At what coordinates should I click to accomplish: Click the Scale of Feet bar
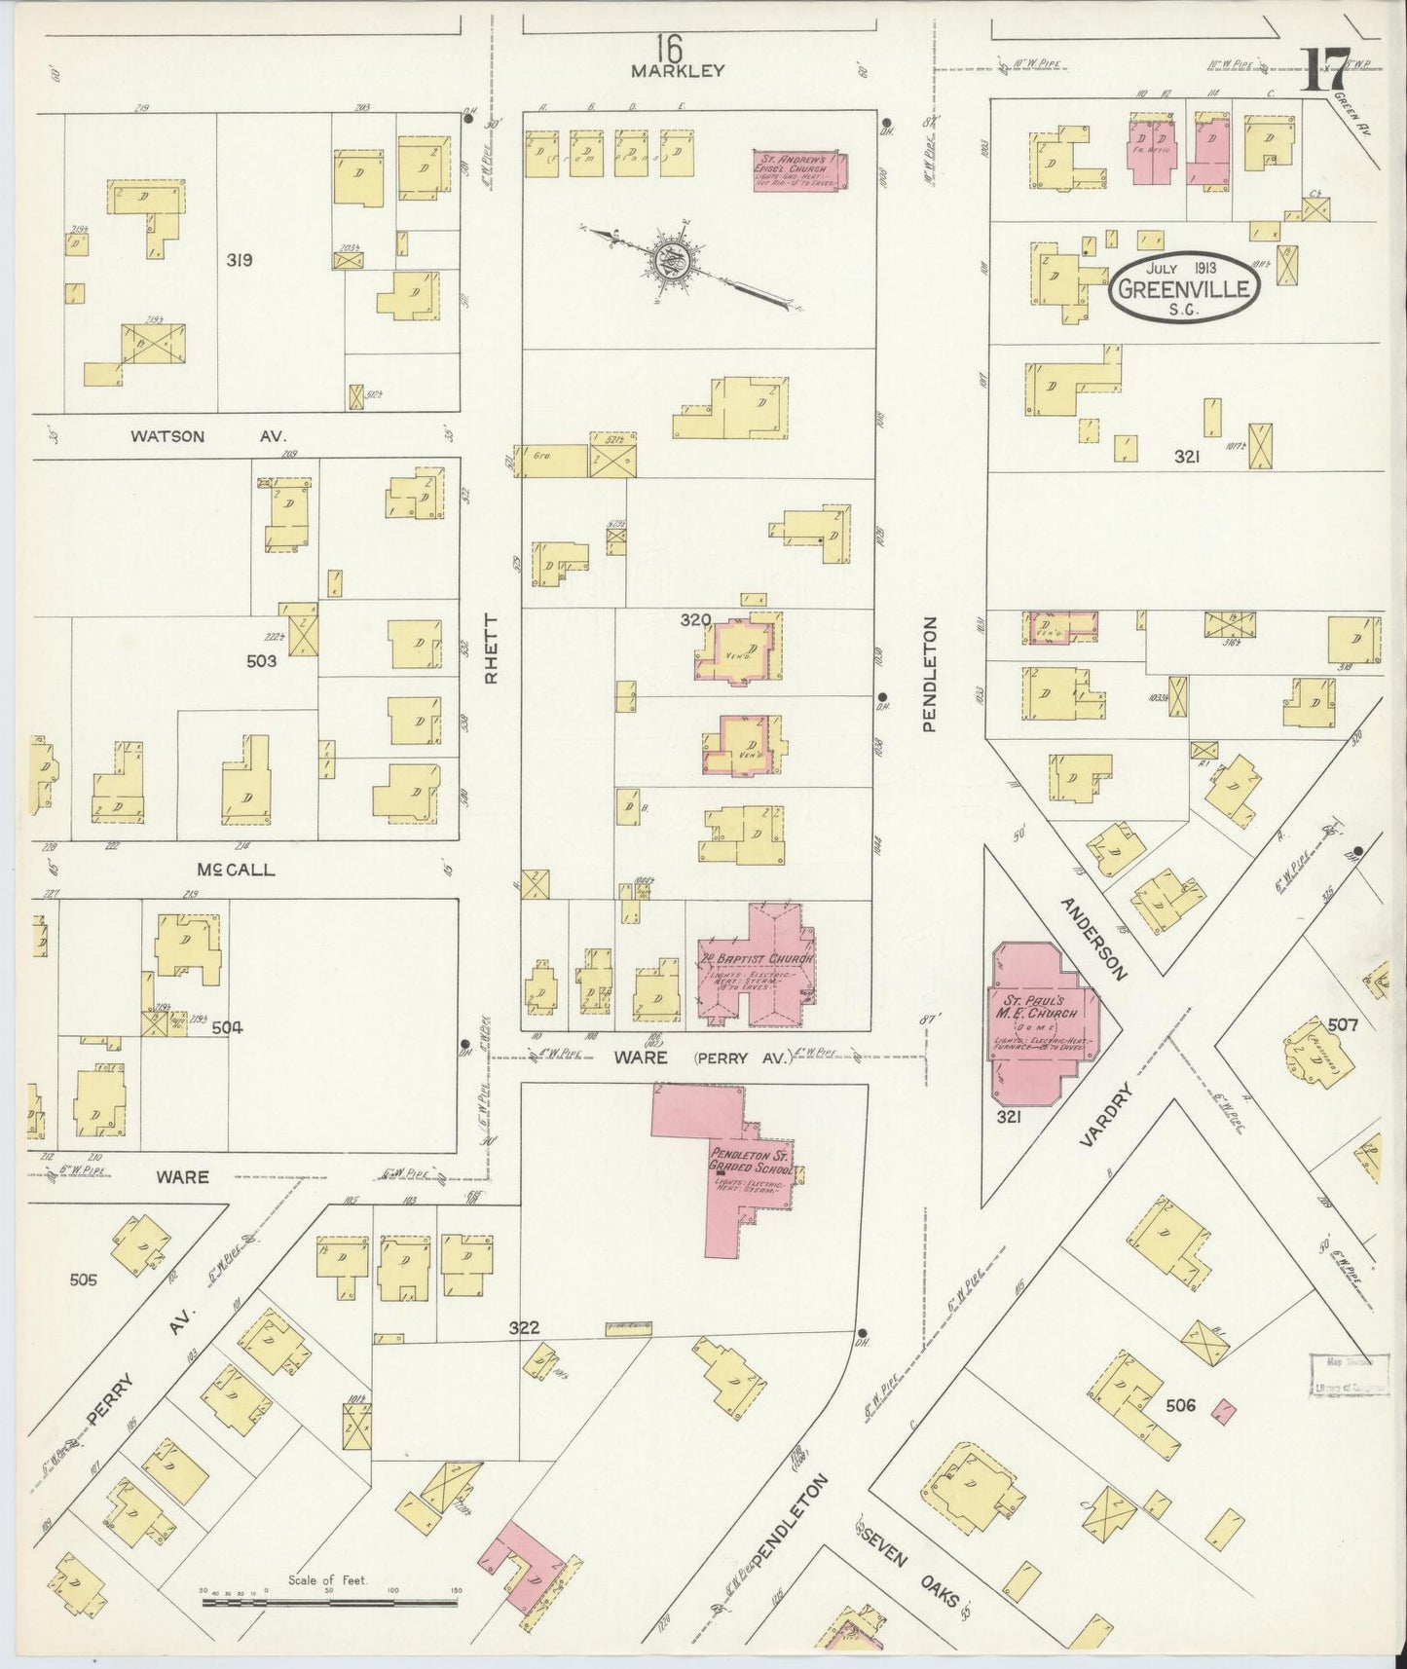(x=329, y=1600)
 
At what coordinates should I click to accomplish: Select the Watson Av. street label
(x=208, y=436)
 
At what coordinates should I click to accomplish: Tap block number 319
(x=240, y=260)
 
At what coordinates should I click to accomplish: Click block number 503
(x=261, y=660)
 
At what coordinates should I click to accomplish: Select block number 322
(x=523, y=1327)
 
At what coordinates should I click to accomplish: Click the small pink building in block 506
(x=1229, y=1408)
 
